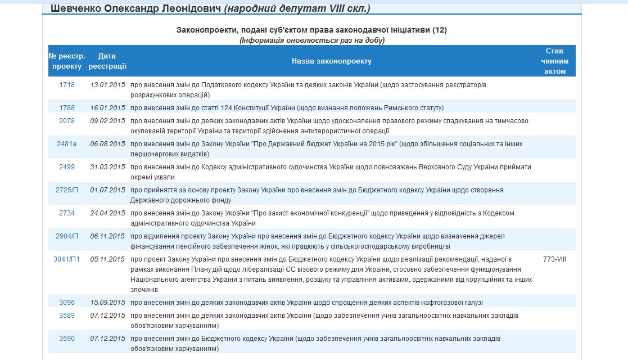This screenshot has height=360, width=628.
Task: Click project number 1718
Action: click(67, 85)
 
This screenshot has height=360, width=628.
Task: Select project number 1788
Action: click(67, 108)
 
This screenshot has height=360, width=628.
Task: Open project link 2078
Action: click(67, 121)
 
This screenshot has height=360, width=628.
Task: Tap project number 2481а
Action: click(67, 144)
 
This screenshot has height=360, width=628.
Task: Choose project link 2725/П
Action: click(67, 190)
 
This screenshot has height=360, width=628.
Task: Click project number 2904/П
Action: click(67, 236)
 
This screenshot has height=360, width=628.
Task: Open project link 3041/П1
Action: click(67, 259)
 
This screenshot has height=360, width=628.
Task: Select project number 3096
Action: click(67, 303)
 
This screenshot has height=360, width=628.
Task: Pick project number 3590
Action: click(67, 339)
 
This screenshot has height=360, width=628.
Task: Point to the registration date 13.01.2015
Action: click(107, 85)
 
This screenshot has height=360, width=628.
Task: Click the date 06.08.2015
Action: click(107, 144)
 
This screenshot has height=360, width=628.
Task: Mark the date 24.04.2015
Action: click(107, 213)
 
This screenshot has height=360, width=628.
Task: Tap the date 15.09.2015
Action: click(107, 303)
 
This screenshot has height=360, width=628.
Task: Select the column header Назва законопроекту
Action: click(332, 61)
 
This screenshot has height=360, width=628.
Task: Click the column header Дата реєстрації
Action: click(107, 61)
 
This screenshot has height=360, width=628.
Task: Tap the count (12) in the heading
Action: click(440, 30)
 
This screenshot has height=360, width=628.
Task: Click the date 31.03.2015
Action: click(107, 167)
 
